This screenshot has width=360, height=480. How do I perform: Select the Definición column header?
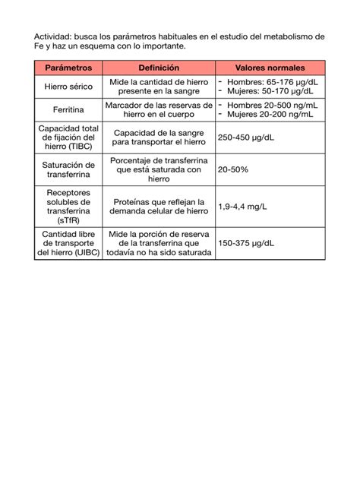tap(159, 68)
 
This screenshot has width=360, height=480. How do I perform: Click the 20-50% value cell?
tap(233, 169)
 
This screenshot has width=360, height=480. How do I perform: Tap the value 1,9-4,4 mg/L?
tap(242, 206)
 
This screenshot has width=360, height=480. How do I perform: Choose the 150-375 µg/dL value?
tap(246, 243)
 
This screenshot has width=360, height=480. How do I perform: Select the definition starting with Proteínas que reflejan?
tap(159, 207)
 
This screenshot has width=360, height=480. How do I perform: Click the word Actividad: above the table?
tap(55, 36)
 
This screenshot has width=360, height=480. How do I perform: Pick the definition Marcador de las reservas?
tap(159, 109)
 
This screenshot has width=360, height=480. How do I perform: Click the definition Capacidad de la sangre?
tap(159, 137)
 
